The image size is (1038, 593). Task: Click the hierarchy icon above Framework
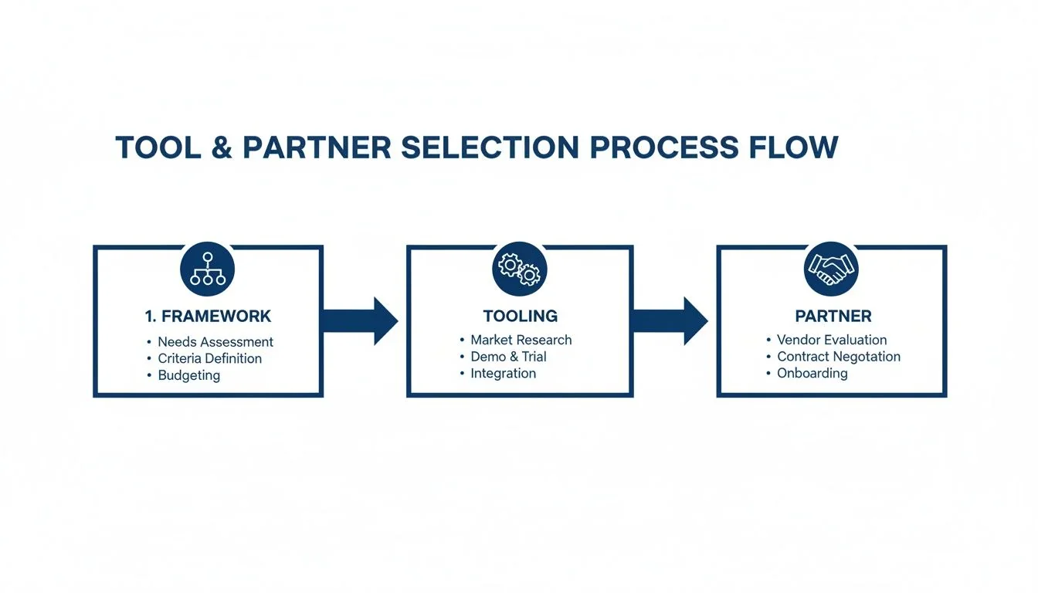[x=207, y=269]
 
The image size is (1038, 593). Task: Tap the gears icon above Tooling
[x=519, y=268]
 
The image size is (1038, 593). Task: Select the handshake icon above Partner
[x=831, y=268]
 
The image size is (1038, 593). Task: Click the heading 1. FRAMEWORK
[x=208, y=316]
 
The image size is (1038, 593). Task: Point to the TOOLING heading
[x=520, y=316]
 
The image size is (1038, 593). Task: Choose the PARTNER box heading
[x=833, y=316]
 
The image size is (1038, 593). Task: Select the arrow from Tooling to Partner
[x=671, y=320]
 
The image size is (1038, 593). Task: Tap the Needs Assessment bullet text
[x=215, y=341]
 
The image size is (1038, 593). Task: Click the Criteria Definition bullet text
[x=209, y=358]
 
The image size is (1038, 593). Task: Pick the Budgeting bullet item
[x=188, y=375]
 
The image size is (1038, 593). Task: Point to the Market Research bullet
[x=521, y=340]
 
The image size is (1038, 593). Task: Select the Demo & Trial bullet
[x=508, y=357]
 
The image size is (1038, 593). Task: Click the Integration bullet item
[x=503, y=373]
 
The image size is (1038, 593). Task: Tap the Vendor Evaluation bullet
[x=831, y=340]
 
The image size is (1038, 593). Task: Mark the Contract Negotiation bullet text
[x=838, y=357]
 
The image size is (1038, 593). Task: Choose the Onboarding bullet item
[x=812, y=373]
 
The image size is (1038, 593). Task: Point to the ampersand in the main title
[x=221, y=147]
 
